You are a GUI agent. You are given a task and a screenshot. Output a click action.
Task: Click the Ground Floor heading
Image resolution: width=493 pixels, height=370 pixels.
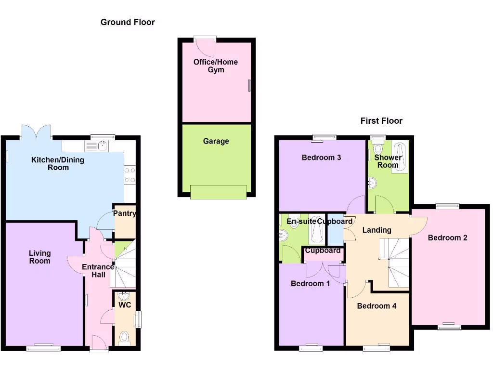coord(128,22)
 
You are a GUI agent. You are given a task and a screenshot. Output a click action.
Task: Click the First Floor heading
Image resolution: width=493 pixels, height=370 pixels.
coord(381,121)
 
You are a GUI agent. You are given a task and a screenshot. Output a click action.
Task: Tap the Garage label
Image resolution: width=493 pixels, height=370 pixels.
coord(216,141)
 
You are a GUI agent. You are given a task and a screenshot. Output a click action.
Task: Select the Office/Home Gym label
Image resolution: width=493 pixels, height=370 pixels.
coord(216,66)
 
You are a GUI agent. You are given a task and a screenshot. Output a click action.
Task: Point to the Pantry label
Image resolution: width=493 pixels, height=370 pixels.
coord(124,213)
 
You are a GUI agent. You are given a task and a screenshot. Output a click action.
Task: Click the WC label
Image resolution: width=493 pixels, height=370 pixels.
coord(125,305)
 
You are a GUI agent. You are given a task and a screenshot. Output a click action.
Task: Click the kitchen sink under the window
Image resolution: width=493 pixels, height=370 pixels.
coord(102,145)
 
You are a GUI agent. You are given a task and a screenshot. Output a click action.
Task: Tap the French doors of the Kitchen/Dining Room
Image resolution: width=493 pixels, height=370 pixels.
coord(36,132)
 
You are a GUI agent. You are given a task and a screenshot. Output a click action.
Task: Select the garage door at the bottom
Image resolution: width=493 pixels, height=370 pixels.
coord(219,192)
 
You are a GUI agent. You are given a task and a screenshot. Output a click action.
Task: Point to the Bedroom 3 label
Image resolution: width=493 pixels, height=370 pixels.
coord(322,158)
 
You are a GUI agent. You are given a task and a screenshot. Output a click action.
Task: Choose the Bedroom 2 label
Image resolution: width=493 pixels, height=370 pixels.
coord(447,238)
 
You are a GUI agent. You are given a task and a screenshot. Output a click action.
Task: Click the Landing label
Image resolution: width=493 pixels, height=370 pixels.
coord(376,230)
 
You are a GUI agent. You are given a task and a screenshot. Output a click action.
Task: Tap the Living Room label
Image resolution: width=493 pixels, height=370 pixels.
coord(39,257)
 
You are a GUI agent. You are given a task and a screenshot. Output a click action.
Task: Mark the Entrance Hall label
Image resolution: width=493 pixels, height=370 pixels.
coord(98,271)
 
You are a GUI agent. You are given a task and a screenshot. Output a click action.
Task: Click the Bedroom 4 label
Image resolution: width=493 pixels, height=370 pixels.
coord(376,305)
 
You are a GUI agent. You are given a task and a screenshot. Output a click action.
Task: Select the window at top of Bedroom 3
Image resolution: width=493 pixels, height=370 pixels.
coord(324,138)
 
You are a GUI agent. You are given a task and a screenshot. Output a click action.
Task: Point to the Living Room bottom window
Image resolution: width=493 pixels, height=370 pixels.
coord(43,347)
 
